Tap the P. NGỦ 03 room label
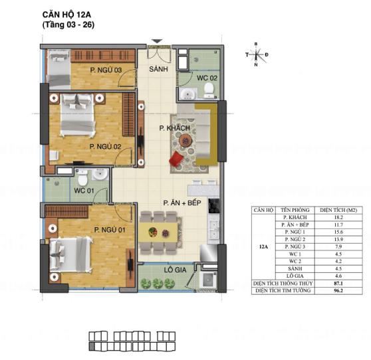point(106,68)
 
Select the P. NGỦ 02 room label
point(105,147)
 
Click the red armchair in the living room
point(176,160)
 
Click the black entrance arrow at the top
point(157,41)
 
